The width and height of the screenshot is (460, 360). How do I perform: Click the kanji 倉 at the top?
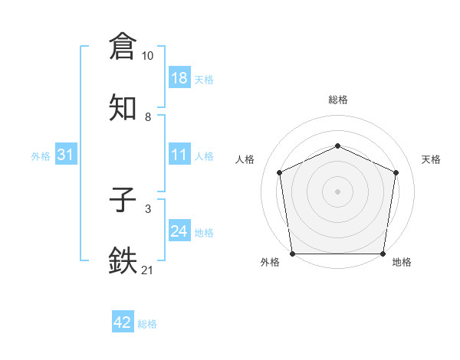(x=123, y=46)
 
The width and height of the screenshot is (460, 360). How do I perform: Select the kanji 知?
(x=123, y=106)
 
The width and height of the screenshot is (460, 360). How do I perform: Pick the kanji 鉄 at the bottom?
(x=123, y=260)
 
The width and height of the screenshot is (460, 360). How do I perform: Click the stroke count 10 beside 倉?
(x=148, y=56)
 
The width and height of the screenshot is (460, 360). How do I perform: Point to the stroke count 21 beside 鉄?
(x=148, y=270)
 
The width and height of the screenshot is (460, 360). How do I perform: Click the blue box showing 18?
(x=179, y=77)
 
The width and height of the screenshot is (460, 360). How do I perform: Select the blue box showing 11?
(x=179, y=155)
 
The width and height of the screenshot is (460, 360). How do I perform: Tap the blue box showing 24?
(x=179, y=231)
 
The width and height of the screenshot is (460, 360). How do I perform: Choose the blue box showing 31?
(x=66, y=155)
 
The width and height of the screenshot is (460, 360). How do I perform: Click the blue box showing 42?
(x=123, y=322)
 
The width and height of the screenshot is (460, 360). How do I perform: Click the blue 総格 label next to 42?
(x=147, y=324)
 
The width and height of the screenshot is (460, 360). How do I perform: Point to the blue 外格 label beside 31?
(x=41, y=156)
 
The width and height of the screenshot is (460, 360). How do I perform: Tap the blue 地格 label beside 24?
(x=204, y=233)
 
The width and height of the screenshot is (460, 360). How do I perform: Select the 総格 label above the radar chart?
(x=338, y=100)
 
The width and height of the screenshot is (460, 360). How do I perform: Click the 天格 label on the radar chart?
(x=432, y=159)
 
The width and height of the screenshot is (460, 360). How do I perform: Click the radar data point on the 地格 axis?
(x=383, y=254)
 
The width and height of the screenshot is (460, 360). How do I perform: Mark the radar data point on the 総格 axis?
(x=338, y=146)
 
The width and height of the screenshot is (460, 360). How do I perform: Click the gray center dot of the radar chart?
(x=338, y=191)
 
